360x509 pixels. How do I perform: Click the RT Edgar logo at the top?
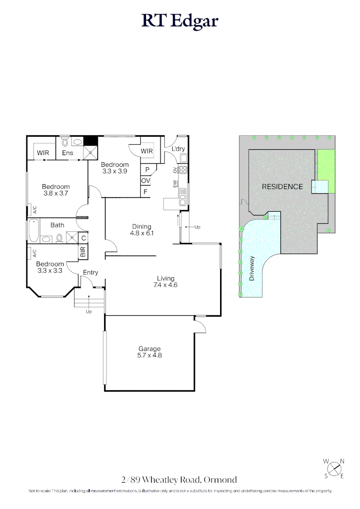tap(180, 21)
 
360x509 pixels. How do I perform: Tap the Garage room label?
tap(149, 349)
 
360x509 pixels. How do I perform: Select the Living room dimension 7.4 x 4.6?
tap(165, 285)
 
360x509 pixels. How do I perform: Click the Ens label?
tap(67, 153)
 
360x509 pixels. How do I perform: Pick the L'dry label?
tap(178, 149)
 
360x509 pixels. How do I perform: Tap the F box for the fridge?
tap(145, 192)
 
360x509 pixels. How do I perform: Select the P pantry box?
tap(147, 170)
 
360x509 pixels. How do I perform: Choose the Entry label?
tap(90, 272)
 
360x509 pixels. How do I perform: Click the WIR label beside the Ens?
tap(43, 153)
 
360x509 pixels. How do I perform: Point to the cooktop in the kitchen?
tap(183, 170)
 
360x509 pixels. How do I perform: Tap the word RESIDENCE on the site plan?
tap(282, 187)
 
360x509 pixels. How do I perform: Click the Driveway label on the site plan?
tap(252, 269)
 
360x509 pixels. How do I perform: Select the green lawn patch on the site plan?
tap(326, 172)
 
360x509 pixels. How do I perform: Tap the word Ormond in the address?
tap(221, 480)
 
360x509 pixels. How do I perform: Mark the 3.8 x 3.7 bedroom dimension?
tap(56, 193)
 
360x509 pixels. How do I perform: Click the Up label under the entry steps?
tap(89, 312)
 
